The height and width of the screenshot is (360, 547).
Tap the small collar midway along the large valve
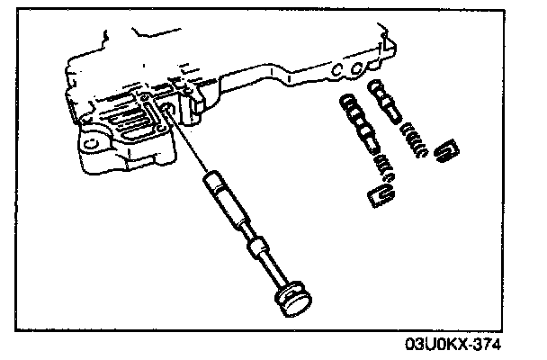point(259,245)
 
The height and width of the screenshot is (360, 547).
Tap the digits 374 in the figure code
point(485,345)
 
